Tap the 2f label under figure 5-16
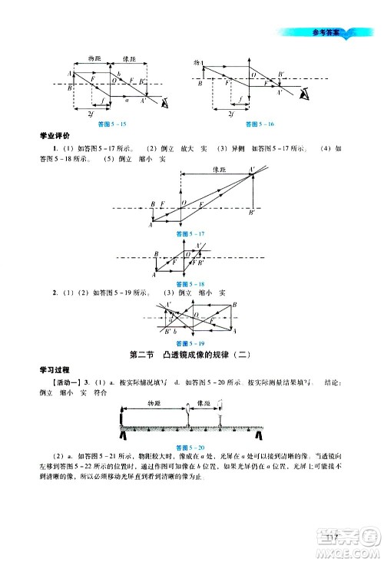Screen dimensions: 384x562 click(231, 114)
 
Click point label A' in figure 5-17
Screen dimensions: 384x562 click(252, 169)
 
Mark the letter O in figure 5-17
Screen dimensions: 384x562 click(183, 203)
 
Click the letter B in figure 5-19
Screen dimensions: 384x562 click(233, 304)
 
